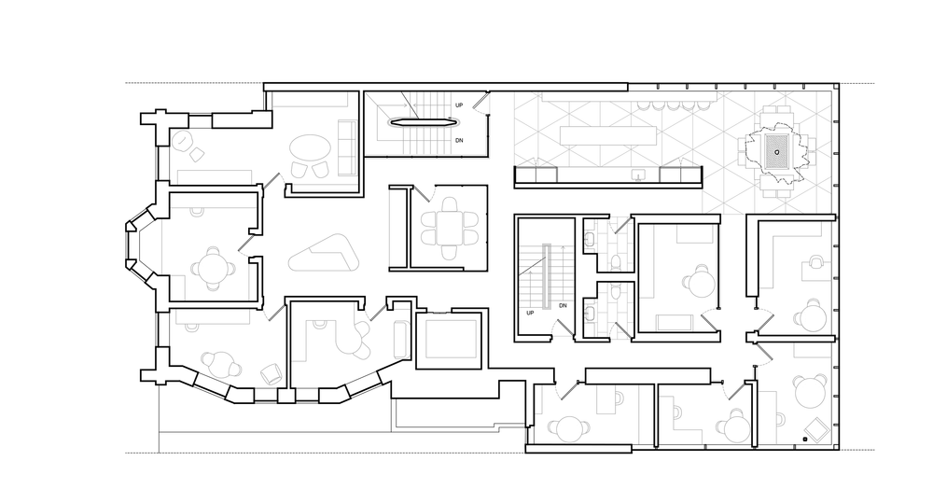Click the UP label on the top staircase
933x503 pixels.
(459, 105)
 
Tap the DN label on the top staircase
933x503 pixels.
(459, 141)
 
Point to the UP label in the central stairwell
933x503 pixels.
(530, 313)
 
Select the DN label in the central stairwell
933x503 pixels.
(563, 306)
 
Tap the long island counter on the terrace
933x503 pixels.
(606, 134)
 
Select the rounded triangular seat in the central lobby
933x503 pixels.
(322, 254)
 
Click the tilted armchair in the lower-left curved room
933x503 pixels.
(270, 371)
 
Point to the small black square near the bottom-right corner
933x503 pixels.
(804, 439)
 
